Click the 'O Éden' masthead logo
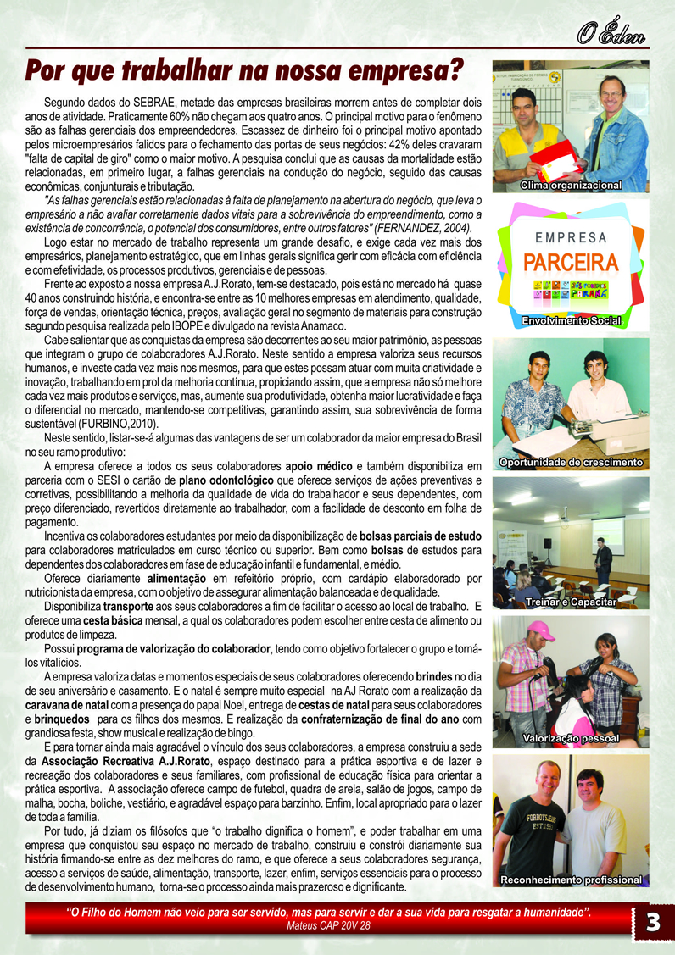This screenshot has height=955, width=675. [x=611, y=33]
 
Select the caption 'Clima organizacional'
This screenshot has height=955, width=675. [x=571, y=185]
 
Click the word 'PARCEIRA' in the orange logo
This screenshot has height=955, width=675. [x=571, y=261]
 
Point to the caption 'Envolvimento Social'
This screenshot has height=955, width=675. [x=571, y=321]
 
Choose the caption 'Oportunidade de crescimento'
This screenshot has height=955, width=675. [x=571, y=463]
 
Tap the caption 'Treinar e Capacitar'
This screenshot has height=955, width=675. [x=571, y=601]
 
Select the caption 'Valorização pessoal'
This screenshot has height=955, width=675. [x=571, y=739]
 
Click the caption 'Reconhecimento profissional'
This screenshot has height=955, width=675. [x=571, y=880]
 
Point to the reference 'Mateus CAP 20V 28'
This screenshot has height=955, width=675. [x=329, y=926]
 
